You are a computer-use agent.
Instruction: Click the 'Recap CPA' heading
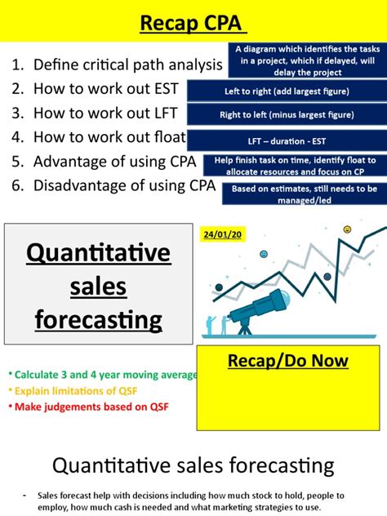[193, 22]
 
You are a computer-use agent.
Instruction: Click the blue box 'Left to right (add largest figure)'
[286, 91]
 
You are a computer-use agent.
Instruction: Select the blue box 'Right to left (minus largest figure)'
[286, 115]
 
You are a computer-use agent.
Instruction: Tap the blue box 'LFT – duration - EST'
[286, 140]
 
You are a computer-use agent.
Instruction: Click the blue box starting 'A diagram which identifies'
[306, 60]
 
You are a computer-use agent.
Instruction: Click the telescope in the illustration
[257, 307]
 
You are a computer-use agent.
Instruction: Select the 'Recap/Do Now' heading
[287, 360]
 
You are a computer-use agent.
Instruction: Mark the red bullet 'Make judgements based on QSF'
[86, 406]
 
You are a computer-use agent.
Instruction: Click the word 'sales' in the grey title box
[99, 287]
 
